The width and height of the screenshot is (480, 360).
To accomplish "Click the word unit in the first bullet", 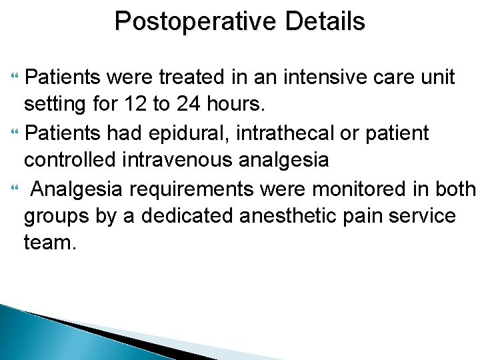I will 436,78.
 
